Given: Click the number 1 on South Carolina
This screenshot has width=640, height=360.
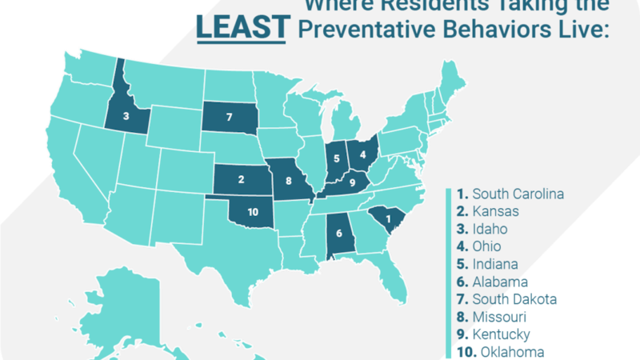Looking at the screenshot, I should (390, 218).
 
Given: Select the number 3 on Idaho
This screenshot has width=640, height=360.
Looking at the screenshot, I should (126, 115).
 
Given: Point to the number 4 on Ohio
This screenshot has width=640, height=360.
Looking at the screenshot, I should (362, 154).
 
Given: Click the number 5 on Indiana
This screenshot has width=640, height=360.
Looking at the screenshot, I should (338, 157).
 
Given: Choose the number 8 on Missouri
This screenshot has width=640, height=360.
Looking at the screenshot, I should (289, 182).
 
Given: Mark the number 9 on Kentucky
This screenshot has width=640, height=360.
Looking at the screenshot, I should (351, 184).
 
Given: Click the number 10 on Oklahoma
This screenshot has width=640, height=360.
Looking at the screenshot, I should (253, 212).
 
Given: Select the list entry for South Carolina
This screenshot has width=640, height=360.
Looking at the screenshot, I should (511, 194).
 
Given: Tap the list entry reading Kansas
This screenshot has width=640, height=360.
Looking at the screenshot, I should (488, 211).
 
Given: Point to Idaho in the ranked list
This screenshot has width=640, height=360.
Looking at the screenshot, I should (486, 229).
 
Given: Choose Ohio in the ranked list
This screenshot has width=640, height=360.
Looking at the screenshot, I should (482, 246).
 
